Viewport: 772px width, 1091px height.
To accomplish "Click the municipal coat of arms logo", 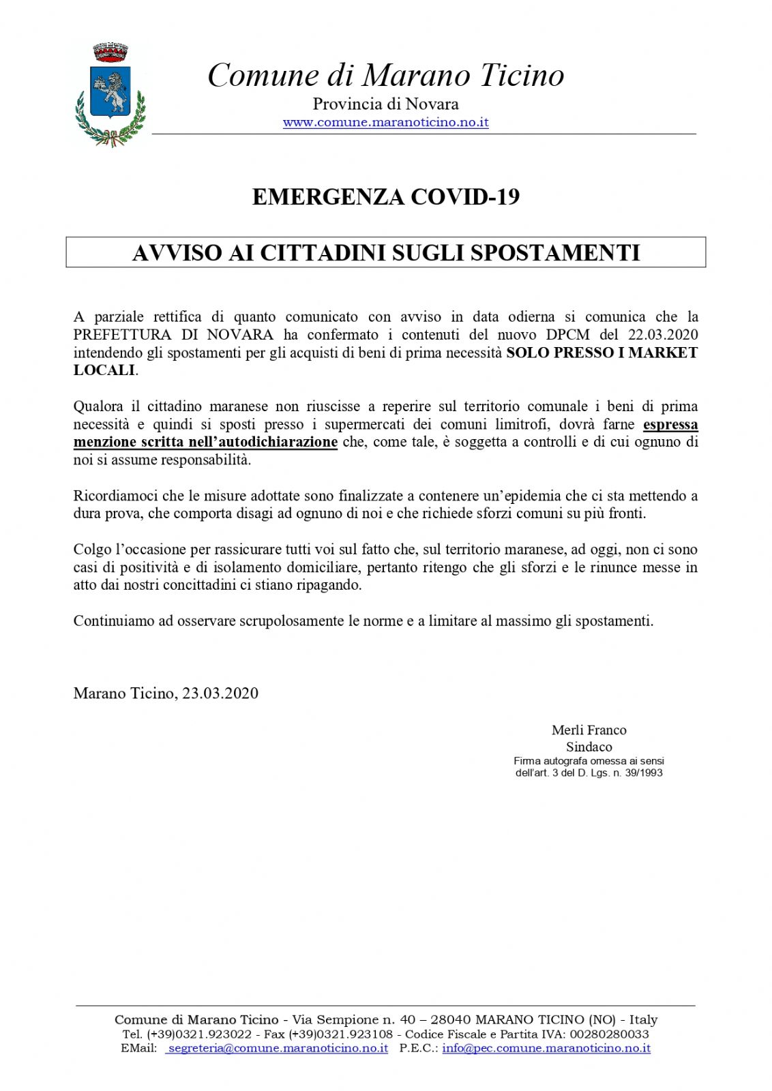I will pos(110,94).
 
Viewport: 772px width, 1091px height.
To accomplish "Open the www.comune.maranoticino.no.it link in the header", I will pos(385,123).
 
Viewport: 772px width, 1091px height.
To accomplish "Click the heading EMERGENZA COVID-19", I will pos(386,197).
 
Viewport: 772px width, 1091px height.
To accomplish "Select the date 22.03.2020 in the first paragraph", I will pos(662,335).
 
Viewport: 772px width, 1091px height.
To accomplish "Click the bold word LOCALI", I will pos(104,370).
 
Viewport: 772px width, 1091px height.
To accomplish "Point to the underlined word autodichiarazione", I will pos(276,442).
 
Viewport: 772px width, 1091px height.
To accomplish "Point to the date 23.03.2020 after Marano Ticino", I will pos(220,693).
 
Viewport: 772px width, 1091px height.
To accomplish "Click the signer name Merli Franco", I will pos(589,730).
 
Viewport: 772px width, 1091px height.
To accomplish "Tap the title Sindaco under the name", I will pos(589,747).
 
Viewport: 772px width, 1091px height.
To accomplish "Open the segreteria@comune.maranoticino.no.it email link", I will pos(278,1048).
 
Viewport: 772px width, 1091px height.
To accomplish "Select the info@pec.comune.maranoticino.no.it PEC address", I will pos(546,1048).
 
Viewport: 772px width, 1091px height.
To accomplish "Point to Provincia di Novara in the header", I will pos(385,104).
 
